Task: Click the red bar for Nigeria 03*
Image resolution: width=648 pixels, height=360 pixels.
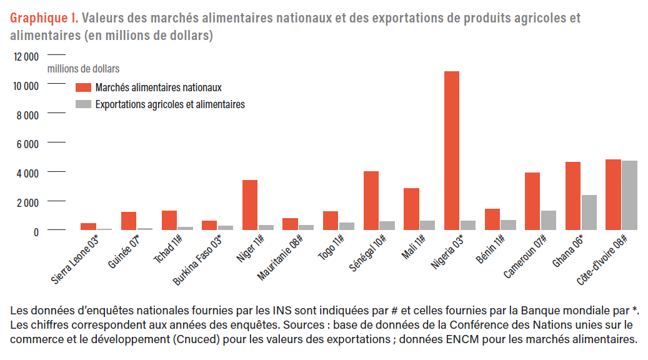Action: pos(452,151)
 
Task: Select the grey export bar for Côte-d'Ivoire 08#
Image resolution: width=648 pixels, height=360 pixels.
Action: pos(629,196)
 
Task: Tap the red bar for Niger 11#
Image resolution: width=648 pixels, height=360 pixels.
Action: pos(250,205)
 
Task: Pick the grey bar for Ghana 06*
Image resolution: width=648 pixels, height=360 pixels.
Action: pos(589,212)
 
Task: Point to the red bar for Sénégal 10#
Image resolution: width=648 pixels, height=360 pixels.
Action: pos(371,201)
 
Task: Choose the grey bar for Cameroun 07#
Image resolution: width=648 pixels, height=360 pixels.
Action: pos(549,221)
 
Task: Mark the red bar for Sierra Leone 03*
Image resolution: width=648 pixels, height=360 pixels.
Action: pos(88,227)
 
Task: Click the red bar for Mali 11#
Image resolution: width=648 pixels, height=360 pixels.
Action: pos(411,209)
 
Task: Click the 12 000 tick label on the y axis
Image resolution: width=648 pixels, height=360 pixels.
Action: pos(26,56)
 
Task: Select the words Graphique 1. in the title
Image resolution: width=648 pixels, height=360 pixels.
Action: pos(43,18)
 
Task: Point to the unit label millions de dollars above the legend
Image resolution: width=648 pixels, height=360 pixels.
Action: pos(83,69)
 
